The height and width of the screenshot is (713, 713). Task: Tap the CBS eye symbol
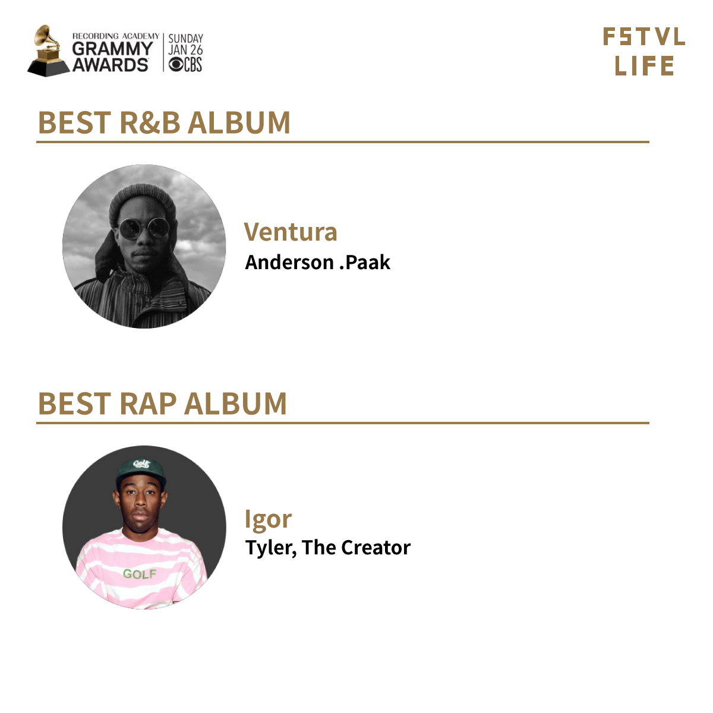coord(176,65)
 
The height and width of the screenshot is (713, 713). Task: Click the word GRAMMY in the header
coord(112,49)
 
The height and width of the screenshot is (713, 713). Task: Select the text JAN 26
coord(185,50)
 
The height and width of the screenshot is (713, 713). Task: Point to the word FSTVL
coord(644,37)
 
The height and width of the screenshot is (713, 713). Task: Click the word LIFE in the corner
coord(644,66)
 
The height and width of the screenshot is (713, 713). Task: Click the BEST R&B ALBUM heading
coord(164,122)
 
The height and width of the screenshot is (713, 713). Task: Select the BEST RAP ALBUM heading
coord(162,403)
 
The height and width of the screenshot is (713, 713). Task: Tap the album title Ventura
coord(291,232)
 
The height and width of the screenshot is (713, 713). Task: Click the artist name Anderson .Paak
coord(317,263)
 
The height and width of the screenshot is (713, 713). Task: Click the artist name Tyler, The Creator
coord(328,548)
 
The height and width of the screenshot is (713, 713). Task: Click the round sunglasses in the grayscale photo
coord(144,228)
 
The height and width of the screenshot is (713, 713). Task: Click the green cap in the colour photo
coord(141,472)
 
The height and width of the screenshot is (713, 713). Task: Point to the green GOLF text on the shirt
coord(140,574)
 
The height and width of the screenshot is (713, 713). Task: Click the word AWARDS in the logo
coord(111,65)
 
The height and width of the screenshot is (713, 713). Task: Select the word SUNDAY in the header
coord(186,39)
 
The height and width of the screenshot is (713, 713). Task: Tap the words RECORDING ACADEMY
coord(116,36)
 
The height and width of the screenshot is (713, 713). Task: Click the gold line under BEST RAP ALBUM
coord(343,422)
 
